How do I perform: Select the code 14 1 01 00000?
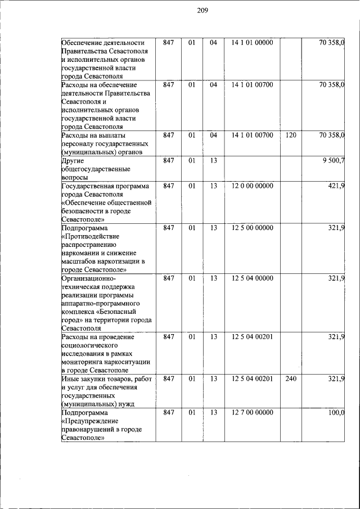click(252, 43)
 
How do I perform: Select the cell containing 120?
click(291, 136)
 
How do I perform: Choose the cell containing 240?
click(291, 379)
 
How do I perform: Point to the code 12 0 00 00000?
click(252, 186)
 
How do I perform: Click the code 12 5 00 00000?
click(252, 228)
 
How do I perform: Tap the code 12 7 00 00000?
click(252, 413)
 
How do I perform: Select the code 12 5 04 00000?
click(252, 278)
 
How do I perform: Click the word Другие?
click(73, 161)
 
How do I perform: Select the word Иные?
click(70, 379)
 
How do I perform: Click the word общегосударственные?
click(96, 169)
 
